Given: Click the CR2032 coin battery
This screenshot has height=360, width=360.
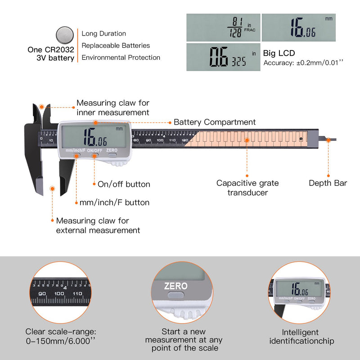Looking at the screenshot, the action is [65, 35].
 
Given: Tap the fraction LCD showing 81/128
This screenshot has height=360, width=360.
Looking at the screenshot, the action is [223, 27].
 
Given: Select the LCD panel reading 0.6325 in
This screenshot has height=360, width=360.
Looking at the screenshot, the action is [223, 57].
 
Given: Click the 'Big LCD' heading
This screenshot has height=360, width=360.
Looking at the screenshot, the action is [279, 53].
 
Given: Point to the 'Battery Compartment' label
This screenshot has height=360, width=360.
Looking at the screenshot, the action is [215, 122].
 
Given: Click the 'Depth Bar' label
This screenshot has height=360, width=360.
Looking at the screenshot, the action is [328, 183].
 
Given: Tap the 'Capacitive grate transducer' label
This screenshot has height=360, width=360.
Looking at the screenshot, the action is [247, 188].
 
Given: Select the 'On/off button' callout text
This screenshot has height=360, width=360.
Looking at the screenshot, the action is [124, 184].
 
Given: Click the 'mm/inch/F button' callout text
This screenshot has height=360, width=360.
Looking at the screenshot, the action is [114, 202].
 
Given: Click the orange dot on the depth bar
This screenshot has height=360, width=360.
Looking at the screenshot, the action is [328, 140].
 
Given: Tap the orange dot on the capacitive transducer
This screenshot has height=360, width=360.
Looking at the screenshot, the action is [247, 140].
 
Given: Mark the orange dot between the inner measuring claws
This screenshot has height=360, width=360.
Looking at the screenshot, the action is [41, 107].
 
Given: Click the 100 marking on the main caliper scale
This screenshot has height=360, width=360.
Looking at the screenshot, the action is [160, 140].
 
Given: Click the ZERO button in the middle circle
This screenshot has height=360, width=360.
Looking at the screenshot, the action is [175, 295].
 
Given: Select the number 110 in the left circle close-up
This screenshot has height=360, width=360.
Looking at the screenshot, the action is [77, 293].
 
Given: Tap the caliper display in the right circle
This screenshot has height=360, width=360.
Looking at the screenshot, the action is [299, 289].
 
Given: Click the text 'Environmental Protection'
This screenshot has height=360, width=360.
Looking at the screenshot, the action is [121, 58].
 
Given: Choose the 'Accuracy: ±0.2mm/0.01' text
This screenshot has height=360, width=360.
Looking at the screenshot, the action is [303, 63].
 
